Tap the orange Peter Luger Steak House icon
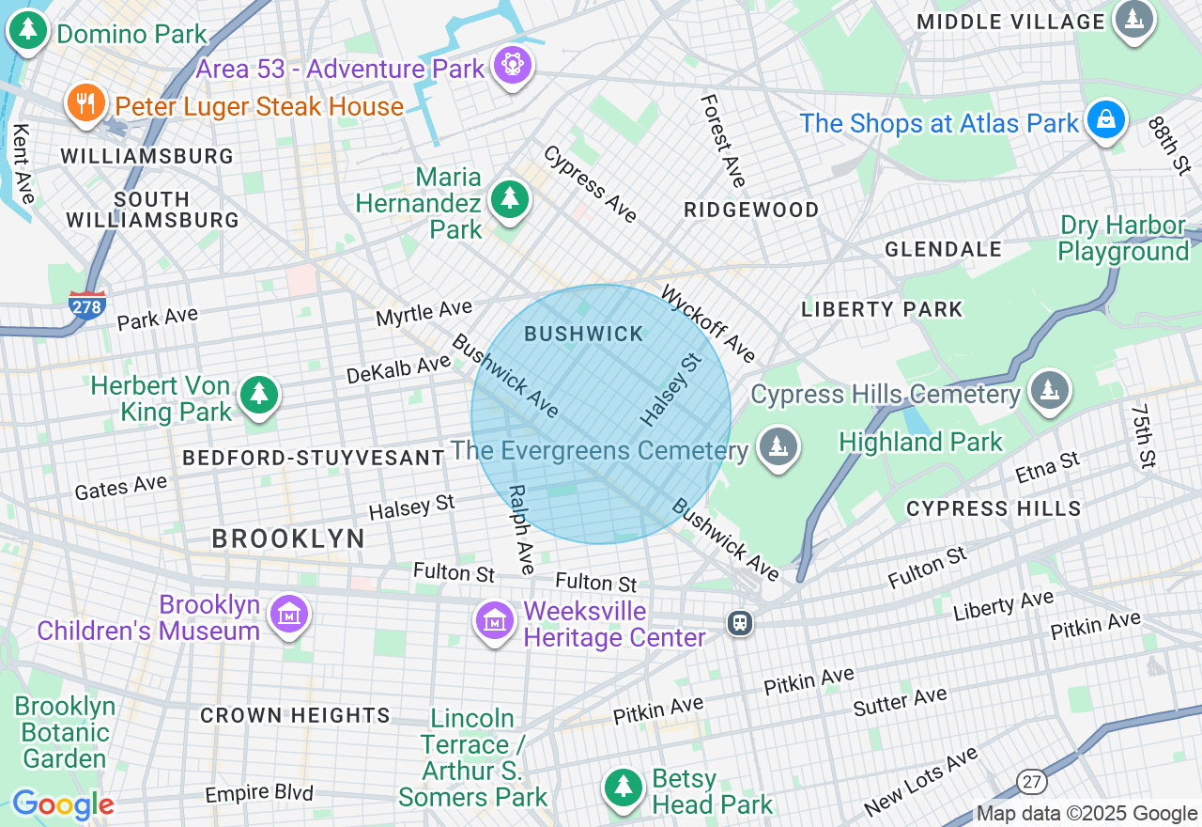point(86,102)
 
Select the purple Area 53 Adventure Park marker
point(513,66)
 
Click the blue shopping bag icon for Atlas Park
point(1106,120)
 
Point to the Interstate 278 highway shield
point(86,304)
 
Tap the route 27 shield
point(1031,780)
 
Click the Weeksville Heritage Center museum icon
point(494,620)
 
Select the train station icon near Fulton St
point(740,622)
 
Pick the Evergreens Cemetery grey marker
point(778,447)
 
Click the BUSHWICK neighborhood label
point(584,334)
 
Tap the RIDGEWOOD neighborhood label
point(751,210)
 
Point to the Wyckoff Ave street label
point(709,324)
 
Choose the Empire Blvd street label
point(259,794)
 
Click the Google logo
point(63,804)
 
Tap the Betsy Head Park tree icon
point(621,788)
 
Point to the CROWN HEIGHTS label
point(295,715)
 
